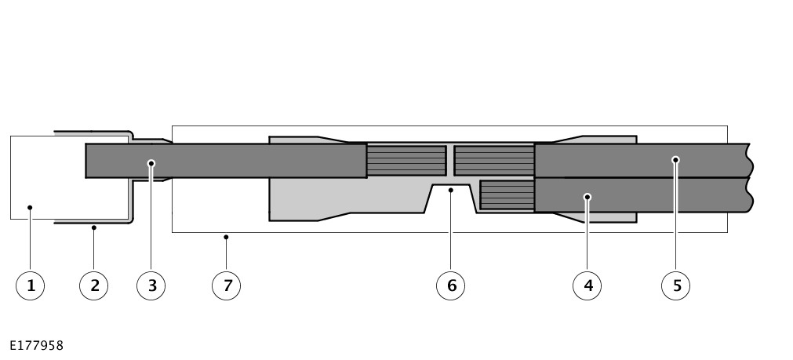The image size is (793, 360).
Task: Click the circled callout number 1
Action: [x=31, y=285]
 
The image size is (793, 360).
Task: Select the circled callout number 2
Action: [x=93, y=285]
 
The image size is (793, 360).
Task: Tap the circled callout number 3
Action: [x=151, y=285]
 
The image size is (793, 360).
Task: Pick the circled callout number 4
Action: [x=587, y=285]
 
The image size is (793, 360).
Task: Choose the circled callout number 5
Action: [x=675, y=285]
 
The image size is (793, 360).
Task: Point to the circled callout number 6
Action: [x=450, y=285]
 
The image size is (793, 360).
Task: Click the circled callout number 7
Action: [x=226, y=285]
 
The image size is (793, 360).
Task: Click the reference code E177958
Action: [x=36, y=346]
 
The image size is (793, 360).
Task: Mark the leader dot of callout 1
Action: [x=30, y=207]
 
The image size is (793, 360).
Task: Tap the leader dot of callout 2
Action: [x=93, y=227]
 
